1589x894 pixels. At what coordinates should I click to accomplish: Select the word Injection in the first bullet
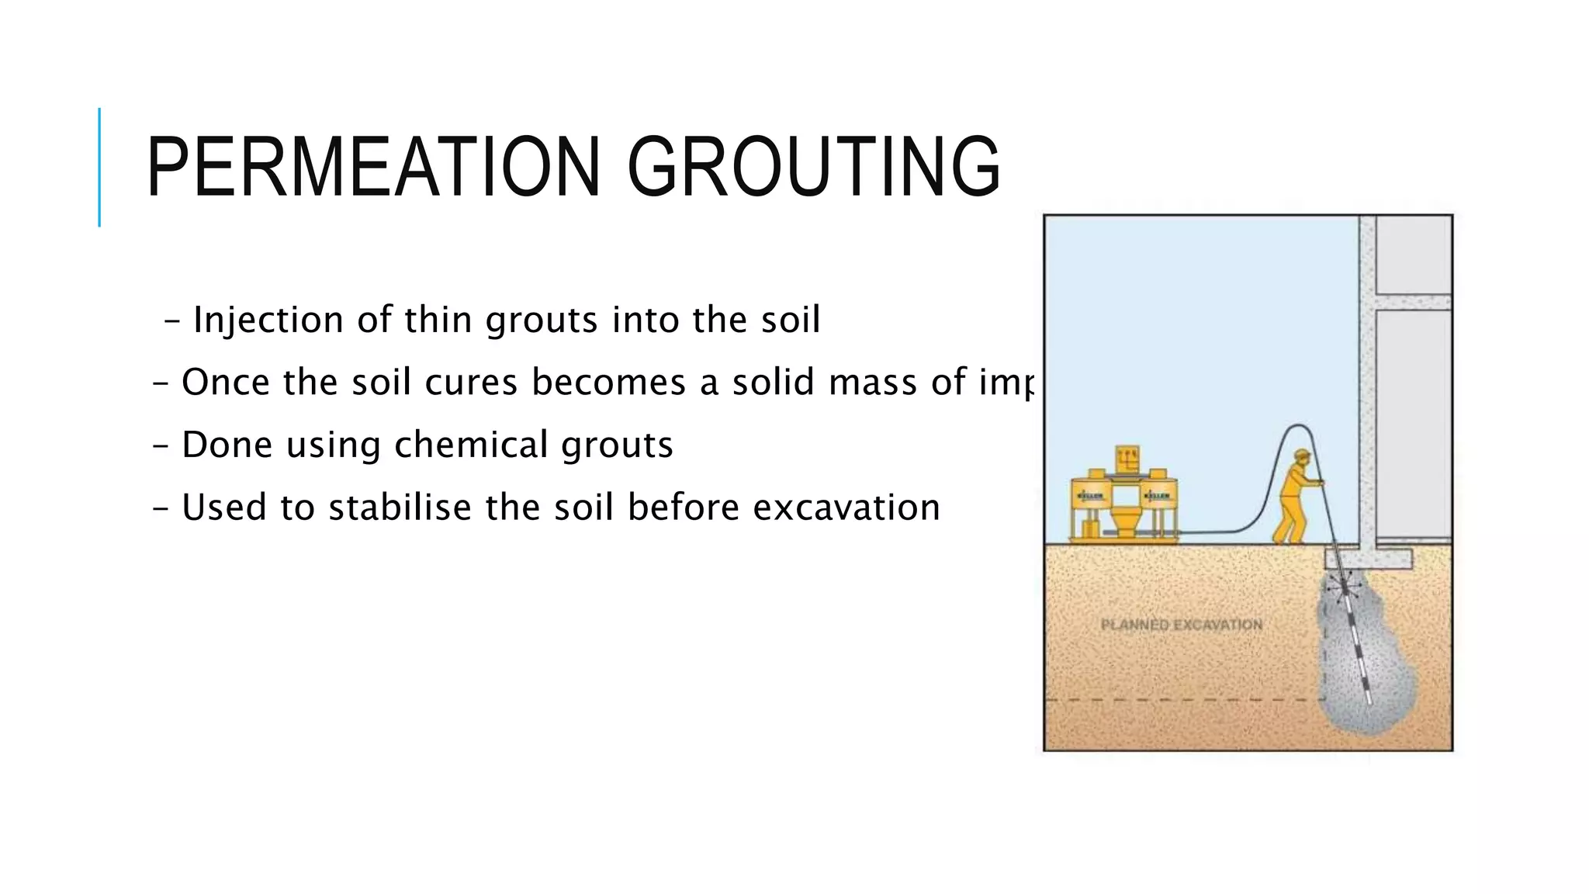(268, 320)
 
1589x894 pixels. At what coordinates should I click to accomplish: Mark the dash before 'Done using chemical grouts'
(161, 446)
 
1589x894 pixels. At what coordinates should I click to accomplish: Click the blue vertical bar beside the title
(99, 167)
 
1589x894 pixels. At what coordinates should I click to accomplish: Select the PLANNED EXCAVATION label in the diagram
(1181, 625)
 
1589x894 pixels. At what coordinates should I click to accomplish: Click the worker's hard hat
(1302, 455)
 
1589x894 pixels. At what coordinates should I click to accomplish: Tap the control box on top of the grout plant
(1127, 457)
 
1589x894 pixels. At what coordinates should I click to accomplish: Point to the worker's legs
(1288, 528)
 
